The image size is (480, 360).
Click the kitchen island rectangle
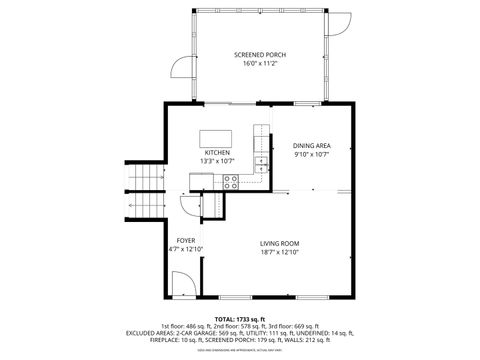pyautogui.click(x=217, y=137)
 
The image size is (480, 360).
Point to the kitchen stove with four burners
pyautogui.click(x=231, y=181)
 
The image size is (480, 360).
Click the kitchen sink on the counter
pyautogui.click(x=262, y=161)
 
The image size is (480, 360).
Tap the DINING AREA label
pyautogui.click(x=312, y=146)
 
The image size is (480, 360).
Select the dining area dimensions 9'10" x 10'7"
pyautogui.click(x=312, y=155)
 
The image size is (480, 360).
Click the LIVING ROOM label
pyautogui.click(x=280, y=243)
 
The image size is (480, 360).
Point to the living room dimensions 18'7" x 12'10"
pyautogui.click(x=280, y=252)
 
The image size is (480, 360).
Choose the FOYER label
pyautogui.click(x=186, y=240)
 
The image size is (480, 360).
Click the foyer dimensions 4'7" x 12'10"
pyautogui.click(x=186, y=249)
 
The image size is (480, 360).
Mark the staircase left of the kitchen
pyautogui.click(x=145, y=190)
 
